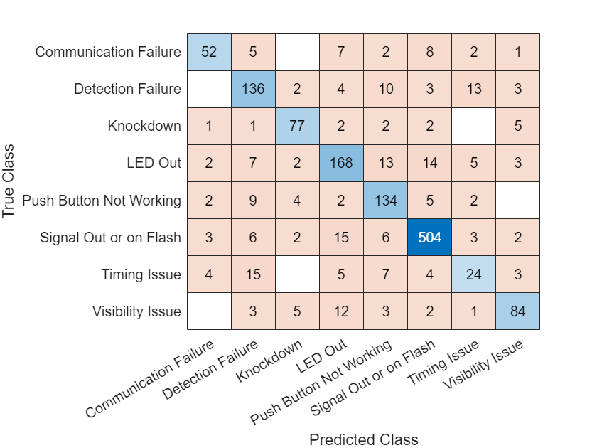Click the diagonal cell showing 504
point(429,238)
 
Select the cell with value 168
point(341,164)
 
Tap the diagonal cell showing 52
point(209,52)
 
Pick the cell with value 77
point(297,127)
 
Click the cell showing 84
point(517,311)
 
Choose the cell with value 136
point(253,89)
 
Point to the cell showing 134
point(385,201)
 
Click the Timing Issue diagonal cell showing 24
point(473,274)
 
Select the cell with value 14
point(429,164)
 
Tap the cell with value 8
point(429,52)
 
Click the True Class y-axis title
point(9,182)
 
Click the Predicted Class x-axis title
point(363,439)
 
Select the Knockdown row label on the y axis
point(144,127)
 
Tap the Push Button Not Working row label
point(102,201)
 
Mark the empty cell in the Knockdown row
point(473,127)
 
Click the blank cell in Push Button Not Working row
point(517,201)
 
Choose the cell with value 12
point(341,311)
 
